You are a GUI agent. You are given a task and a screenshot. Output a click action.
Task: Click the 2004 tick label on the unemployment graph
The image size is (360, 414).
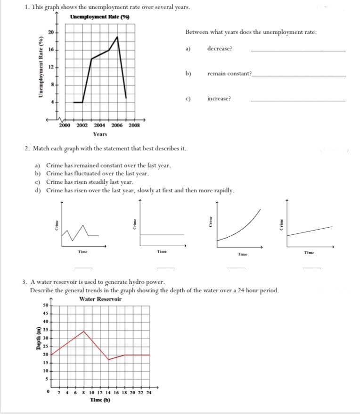coord(99,125)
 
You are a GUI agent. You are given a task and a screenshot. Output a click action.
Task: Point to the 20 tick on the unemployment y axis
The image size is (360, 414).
coord(50,33)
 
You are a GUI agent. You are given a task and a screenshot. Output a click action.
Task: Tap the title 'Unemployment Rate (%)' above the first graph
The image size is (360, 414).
coord(99,17)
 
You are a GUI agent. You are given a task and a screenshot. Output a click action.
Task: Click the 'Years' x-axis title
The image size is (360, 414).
coord(100,134)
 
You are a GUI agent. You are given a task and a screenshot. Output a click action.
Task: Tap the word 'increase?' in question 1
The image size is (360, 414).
coord(219,99)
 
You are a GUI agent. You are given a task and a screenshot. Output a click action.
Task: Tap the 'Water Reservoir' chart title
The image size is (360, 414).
coord(100,299)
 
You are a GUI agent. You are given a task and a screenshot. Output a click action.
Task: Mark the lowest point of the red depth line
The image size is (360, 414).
coord(109,360)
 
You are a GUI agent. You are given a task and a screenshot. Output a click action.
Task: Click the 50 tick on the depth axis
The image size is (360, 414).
coord(46,306)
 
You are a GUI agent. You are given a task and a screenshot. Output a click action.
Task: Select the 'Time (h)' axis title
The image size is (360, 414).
coord(100,400)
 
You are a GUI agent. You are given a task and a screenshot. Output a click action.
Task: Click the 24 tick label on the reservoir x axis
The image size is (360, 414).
coord(149,392)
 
